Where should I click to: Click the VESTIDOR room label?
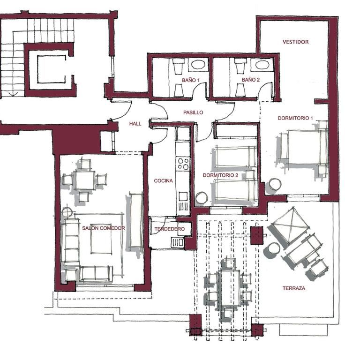pos(295,42)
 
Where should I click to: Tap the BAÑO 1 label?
pos(191,80)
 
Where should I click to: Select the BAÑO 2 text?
pos(250,80)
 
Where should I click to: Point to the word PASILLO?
pos(193,112)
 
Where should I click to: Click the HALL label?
pos(135,124)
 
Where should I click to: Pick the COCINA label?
pos(163,180)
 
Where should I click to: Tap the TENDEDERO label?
pos(169,229)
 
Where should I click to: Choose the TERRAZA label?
pos(294,288)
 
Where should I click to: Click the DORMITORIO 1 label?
pos(295,118)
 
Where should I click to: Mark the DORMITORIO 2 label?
pos(220,175)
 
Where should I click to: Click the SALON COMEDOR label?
pos(104,228)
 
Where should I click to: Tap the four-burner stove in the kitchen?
pos(183,164)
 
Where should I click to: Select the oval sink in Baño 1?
pos(198,65)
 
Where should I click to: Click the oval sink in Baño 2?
pos(262,65)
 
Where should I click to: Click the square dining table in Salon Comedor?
pos(85,180)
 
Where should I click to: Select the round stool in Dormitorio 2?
pos(202,197)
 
